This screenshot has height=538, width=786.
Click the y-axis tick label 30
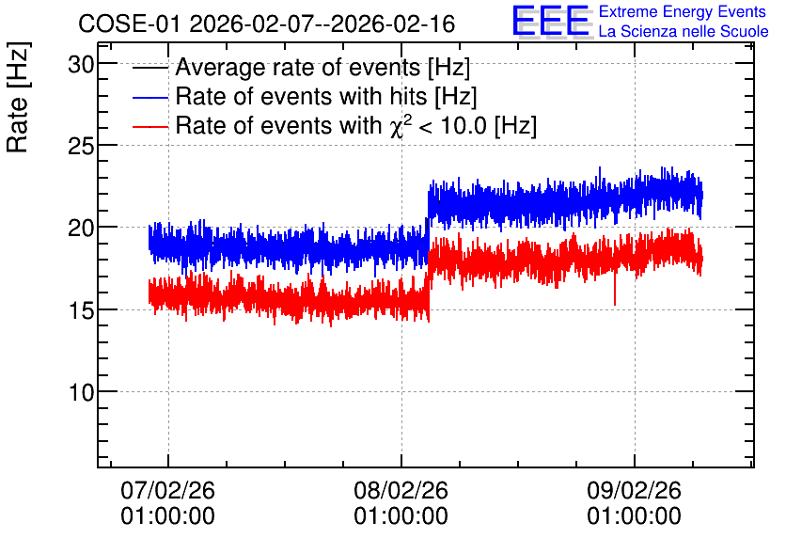click(81, 65)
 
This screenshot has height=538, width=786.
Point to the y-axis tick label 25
click(81, 147)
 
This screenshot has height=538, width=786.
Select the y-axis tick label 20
click(81, 229)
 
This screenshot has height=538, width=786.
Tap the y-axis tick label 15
click(81, 311)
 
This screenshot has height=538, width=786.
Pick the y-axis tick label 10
click(81, 393)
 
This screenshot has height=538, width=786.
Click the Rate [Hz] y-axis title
click(18, 97)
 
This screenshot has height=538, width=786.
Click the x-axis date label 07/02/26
click(168, 490)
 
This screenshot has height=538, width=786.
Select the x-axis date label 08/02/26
click(401, 490)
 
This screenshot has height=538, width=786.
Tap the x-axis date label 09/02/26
click(634, 490)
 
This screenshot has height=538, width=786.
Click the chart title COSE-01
click(129, 24)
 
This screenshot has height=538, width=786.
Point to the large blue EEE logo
click(550, 21)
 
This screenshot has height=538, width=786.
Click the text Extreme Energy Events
click(683, 11)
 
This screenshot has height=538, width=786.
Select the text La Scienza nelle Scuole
click(684, 32)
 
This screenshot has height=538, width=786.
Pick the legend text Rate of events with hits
click(326, 96)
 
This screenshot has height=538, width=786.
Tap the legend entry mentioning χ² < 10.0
click(356, 125)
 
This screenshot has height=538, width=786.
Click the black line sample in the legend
click(150, 68)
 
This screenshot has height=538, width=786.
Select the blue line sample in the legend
click(150, 97)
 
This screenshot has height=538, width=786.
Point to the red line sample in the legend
click(150, 126)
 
